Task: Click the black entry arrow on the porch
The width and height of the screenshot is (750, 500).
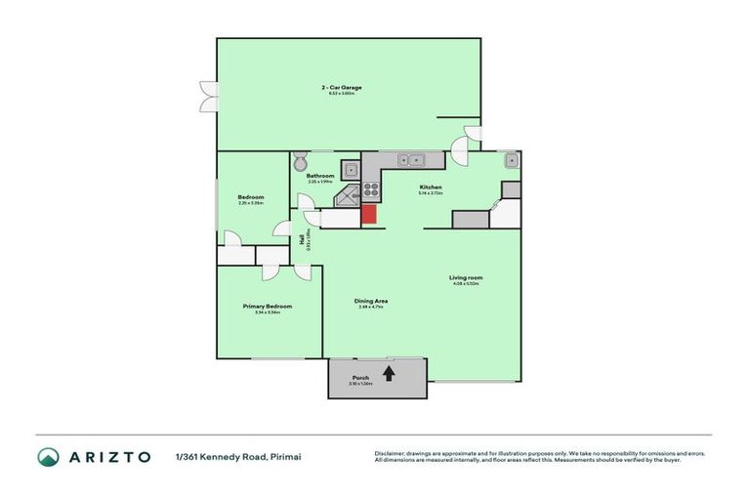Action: tap(389, 372)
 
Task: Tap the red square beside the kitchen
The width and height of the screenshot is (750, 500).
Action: tap(370, 215)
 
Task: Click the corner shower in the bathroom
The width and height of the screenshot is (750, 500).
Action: tap(348, 199)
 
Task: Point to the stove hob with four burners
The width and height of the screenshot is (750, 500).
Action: tap(371, 189)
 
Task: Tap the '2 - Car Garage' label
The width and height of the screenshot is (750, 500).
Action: tap(342, 87)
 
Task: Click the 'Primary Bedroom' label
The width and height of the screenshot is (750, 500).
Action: tap(268, 306)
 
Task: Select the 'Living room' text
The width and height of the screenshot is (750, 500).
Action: tap(467, 277)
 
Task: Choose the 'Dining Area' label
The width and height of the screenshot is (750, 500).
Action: tap(371, 301)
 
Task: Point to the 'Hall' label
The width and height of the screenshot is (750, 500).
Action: tap(302, 238)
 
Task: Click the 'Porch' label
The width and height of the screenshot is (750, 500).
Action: tap(360, 377)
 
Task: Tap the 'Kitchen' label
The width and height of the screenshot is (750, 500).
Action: tap(431, 187)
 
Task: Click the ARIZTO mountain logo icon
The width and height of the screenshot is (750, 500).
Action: tap(49, 456)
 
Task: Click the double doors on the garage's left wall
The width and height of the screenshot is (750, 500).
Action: tap(207, 95)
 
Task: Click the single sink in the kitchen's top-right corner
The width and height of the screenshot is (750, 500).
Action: tap(510, 159)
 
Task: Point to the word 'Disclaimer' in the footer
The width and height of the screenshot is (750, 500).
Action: tap(391, 453)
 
